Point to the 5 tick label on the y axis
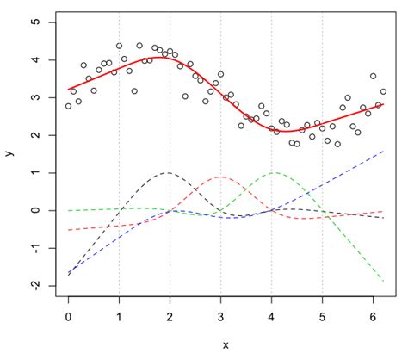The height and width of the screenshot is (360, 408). [35, 22]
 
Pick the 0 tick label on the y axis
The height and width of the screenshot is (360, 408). [35, 210]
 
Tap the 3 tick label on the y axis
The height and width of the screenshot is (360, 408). [35, 97]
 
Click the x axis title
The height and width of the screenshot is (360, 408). [226, 345]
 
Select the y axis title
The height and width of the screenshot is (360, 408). [9, 153]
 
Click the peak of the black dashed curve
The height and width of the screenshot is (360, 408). [167, 172]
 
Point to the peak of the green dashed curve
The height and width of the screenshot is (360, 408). [275, 172]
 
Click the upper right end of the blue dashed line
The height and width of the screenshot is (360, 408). [383, 151]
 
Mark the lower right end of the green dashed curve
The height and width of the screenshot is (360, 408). [383, 281]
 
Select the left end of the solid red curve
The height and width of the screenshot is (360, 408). [68, 90]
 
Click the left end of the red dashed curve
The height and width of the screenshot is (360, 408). [68, 230]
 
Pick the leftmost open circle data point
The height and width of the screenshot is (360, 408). [68, 106]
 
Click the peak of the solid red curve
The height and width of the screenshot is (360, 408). [164, 57]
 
